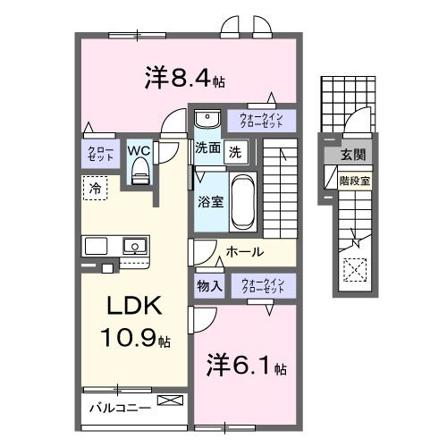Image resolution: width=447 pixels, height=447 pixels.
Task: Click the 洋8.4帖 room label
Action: pyautogui.click(x=184, y=79)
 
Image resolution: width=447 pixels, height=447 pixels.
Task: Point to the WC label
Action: pyautogui.click(x=139, y=149)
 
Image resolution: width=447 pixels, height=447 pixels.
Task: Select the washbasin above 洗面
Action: pyautogui.click(x=207, y=119)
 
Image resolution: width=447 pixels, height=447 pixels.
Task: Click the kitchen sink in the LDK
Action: pyautogui.click(x=135, y=245)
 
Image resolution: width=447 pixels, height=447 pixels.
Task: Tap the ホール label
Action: pyautogui.click(x=245, y=252)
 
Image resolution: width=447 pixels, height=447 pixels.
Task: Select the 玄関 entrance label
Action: pyautogui.click(x=350, y=156)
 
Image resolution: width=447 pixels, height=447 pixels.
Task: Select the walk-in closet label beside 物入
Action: pyautogui.click(x=263, y=286)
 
